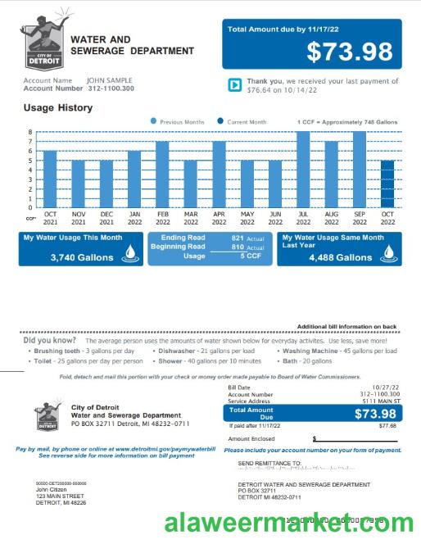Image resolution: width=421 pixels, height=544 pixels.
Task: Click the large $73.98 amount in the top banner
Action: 349,52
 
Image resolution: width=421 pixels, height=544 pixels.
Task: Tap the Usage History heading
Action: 57,107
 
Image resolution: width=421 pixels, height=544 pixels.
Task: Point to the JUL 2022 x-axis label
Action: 303,218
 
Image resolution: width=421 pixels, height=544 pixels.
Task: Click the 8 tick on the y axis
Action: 30,132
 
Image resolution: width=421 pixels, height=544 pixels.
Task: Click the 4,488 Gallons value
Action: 340,256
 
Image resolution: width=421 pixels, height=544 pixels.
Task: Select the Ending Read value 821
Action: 238,238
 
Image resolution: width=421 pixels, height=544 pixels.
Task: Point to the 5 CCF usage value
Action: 251,256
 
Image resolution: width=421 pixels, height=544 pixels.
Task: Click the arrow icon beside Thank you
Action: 233,84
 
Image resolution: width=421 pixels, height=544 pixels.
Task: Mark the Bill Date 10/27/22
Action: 383,387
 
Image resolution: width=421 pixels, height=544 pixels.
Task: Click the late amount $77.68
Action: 387,426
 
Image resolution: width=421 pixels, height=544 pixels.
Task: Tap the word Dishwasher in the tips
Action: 179,350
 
